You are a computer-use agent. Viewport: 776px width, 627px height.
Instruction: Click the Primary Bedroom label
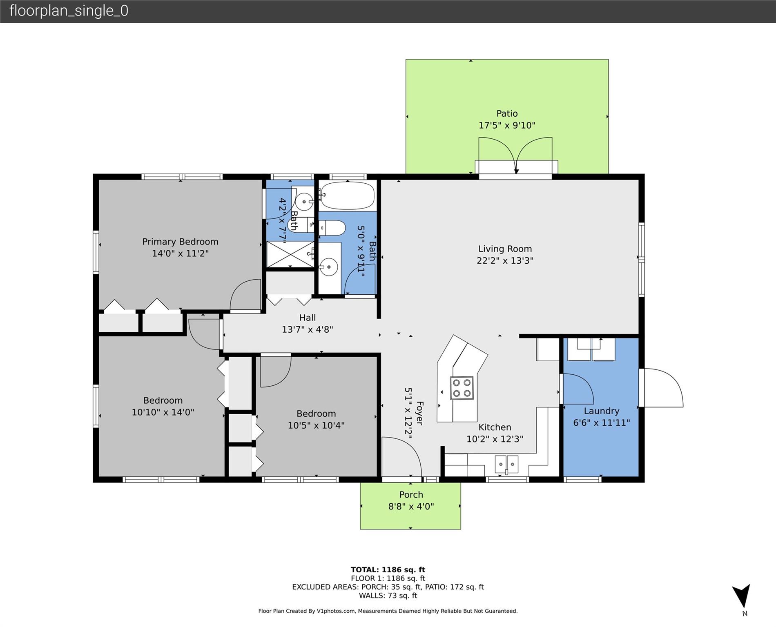pos(180,242)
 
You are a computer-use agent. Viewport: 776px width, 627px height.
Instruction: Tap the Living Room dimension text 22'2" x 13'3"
pos(505,260)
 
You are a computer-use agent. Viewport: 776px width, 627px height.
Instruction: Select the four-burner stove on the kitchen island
pos(462,388)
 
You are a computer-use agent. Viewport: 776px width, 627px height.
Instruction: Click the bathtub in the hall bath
pos(347,196)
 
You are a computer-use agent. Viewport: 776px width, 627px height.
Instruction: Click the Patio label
pos(507,113)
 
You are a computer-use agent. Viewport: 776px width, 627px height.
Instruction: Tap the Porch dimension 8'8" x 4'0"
pos(411,507)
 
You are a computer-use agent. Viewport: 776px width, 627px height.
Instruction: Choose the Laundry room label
pos(601,411)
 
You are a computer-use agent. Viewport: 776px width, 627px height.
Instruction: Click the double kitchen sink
pos(506,465)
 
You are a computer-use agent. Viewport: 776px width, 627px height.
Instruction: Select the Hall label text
pos(308,318)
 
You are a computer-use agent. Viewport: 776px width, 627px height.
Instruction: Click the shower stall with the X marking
pos(290,254)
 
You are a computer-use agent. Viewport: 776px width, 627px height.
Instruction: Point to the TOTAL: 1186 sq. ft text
pos(388,570)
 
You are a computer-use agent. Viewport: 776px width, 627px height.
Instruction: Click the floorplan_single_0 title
pos(69,11)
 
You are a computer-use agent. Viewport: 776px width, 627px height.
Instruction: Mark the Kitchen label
pos(495,427)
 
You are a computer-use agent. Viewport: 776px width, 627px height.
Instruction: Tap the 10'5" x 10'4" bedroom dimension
pos(316,425)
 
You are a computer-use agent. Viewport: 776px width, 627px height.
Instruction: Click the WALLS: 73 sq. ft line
pos(388,596)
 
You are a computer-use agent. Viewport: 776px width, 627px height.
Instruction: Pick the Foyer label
pos(419,413)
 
